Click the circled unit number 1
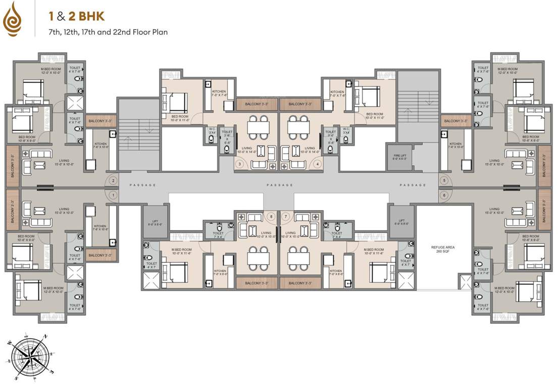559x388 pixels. point(113,195)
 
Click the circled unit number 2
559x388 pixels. point(113,181)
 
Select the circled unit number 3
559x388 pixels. point(240,164)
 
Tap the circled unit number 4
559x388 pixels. point(318,164)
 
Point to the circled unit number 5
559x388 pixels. point(444,180)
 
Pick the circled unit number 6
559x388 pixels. point(444,195)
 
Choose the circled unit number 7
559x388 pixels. point(286,217)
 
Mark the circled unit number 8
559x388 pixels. point(272,217)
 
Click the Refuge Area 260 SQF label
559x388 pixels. point(437,250)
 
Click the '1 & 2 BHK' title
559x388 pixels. point(76,17)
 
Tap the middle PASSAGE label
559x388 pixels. point(279,185)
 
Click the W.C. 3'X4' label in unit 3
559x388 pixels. point(212,131)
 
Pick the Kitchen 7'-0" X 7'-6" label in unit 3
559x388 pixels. point(219,93)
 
